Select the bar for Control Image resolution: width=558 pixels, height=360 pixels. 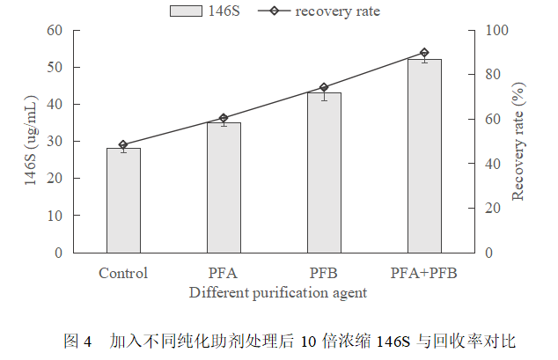[x=123, y=200]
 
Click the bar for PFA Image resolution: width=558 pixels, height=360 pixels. [x=224, y=187]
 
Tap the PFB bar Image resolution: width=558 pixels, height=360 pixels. [x=324, y=173]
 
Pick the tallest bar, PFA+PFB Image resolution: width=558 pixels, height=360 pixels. [x=424, y=156]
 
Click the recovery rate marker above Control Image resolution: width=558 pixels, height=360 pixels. [x=123, y=145]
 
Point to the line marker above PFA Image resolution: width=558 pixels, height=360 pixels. [x=224, y=118]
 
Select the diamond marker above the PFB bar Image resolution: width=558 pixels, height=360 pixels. [x=324, y=87]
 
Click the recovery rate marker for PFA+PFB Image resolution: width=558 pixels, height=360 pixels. [x=424, y=53]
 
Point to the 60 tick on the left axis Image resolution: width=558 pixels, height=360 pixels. [x=55, y=30]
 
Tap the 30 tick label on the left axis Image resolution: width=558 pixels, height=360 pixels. [x=55, y=141]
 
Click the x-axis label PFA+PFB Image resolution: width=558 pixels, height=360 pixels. [x=424, y=273]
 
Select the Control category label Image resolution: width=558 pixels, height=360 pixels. [x=123, y=273]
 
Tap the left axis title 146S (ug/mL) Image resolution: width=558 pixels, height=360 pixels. [x=29, y=141]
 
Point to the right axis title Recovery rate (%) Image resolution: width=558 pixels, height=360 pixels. [x=518, y=141]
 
